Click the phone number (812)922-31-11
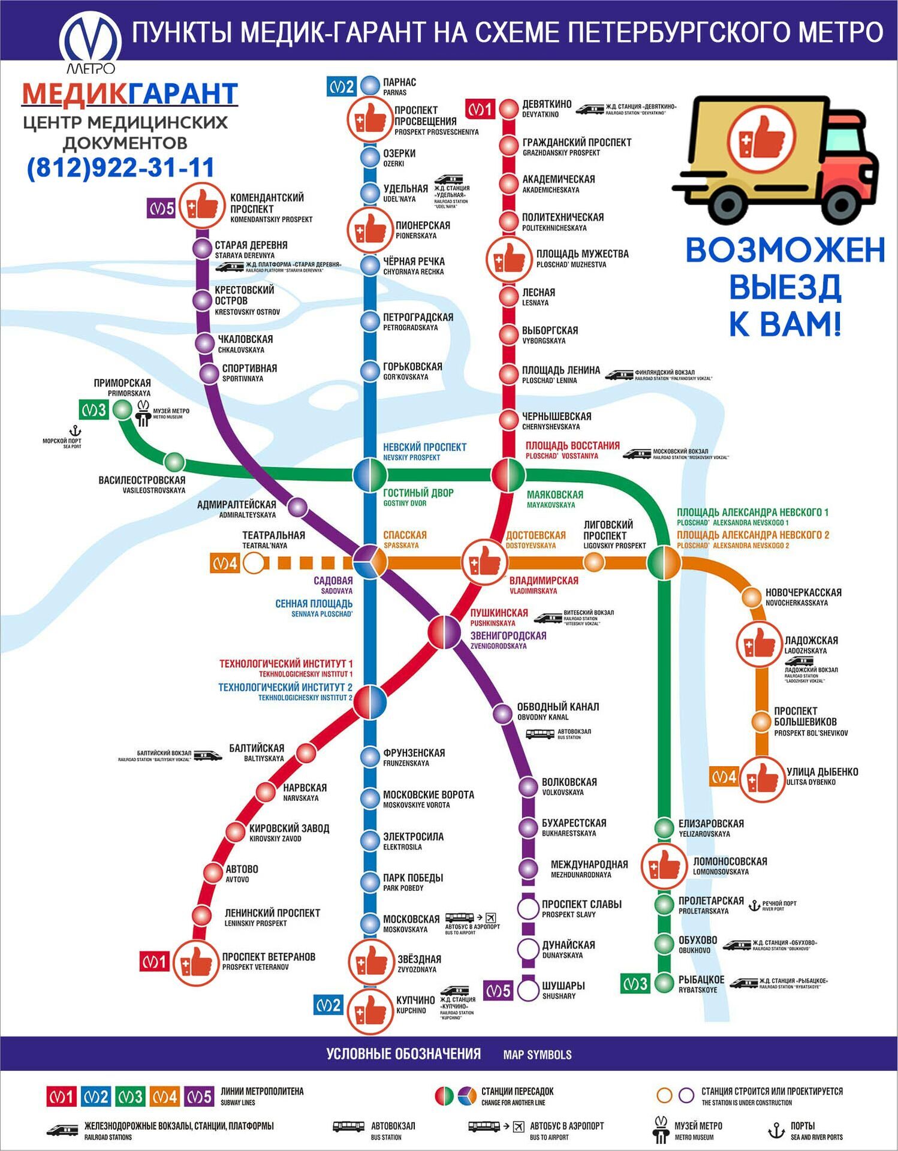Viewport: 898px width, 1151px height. [120, 167]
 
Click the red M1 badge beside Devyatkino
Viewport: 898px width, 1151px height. [480, 109]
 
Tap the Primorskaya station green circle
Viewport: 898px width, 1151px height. [122, 409]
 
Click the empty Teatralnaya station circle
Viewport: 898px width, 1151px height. [254, 563]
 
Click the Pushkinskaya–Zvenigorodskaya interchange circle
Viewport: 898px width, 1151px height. [444, 632]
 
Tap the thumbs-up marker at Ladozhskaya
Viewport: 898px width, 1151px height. [759, 644]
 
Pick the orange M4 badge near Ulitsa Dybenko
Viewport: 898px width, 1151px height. [723, 778]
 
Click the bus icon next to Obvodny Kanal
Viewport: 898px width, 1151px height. [540, 734]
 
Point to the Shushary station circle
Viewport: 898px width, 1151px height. [528, 990]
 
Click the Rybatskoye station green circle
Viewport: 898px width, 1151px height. [664, 983]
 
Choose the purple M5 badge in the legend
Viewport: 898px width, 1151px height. [200, 1096]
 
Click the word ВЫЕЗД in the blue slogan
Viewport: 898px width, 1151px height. [785, 287]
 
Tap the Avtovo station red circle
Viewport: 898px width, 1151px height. [213, 873]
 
